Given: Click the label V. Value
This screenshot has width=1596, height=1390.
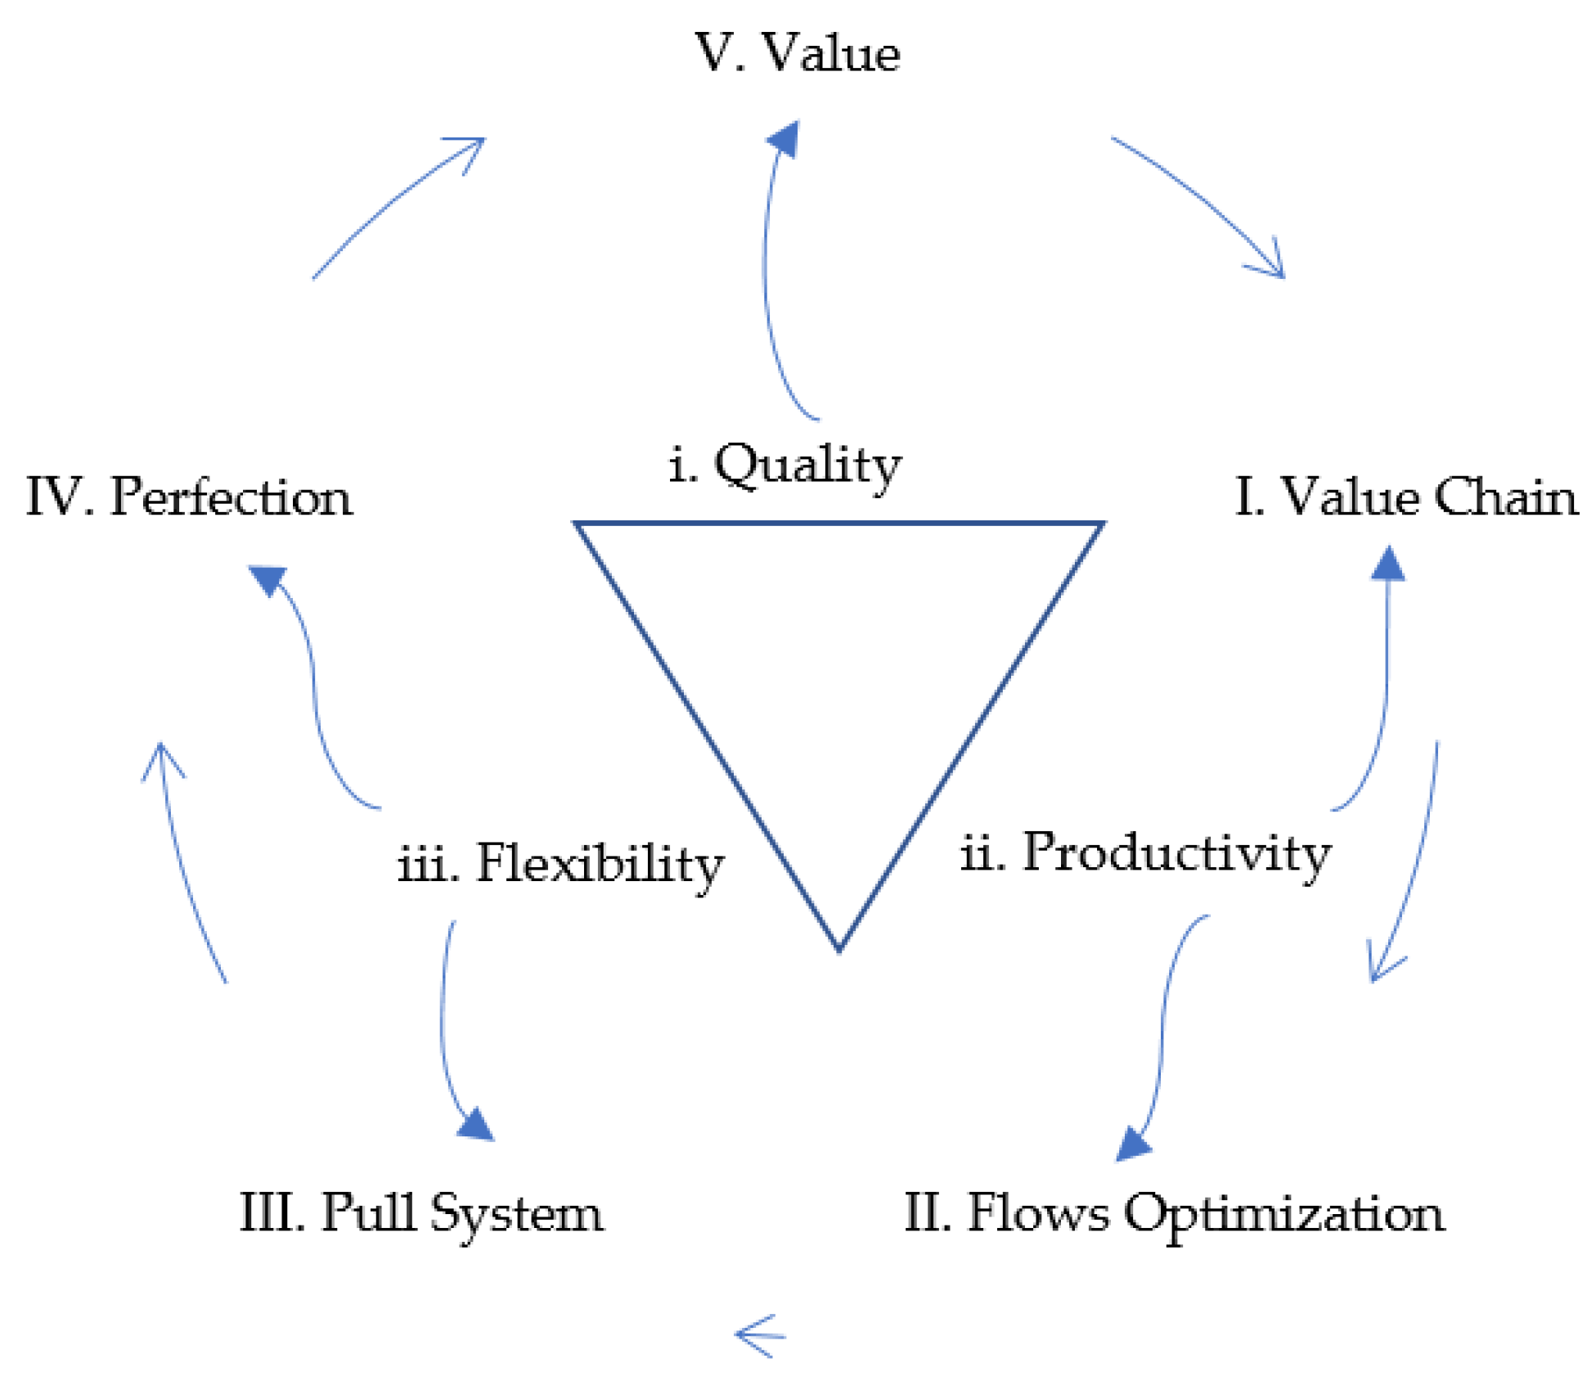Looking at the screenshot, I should [x=798, y=53].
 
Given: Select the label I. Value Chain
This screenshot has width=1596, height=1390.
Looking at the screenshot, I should [x=1405, y=497].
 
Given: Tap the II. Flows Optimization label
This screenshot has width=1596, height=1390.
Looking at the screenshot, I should [x=1174, y=1213].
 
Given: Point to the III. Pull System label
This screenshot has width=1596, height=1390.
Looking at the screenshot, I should [x=420, y=1213].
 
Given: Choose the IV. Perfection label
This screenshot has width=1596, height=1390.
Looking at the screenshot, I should [x=190, y=497].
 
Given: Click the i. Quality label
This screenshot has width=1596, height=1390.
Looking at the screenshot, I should [x=785, y=466].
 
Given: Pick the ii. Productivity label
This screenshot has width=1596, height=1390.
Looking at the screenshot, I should [x=1145, y=853].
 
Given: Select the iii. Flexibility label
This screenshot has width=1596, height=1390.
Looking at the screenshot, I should [x=561, y=864].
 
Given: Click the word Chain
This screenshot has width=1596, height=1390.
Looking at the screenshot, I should [x=1505, y=497].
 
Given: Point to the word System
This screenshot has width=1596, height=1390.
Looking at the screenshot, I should [x=517, y=1213].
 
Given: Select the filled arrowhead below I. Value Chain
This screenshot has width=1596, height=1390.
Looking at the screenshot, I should [x=1388, y=565].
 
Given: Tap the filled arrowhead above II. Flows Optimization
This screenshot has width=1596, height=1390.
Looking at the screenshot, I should [x=1132, y=1142].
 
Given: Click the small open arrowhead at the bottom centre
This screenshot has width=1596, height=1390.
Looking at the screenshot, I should [x=757, y=1336].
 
